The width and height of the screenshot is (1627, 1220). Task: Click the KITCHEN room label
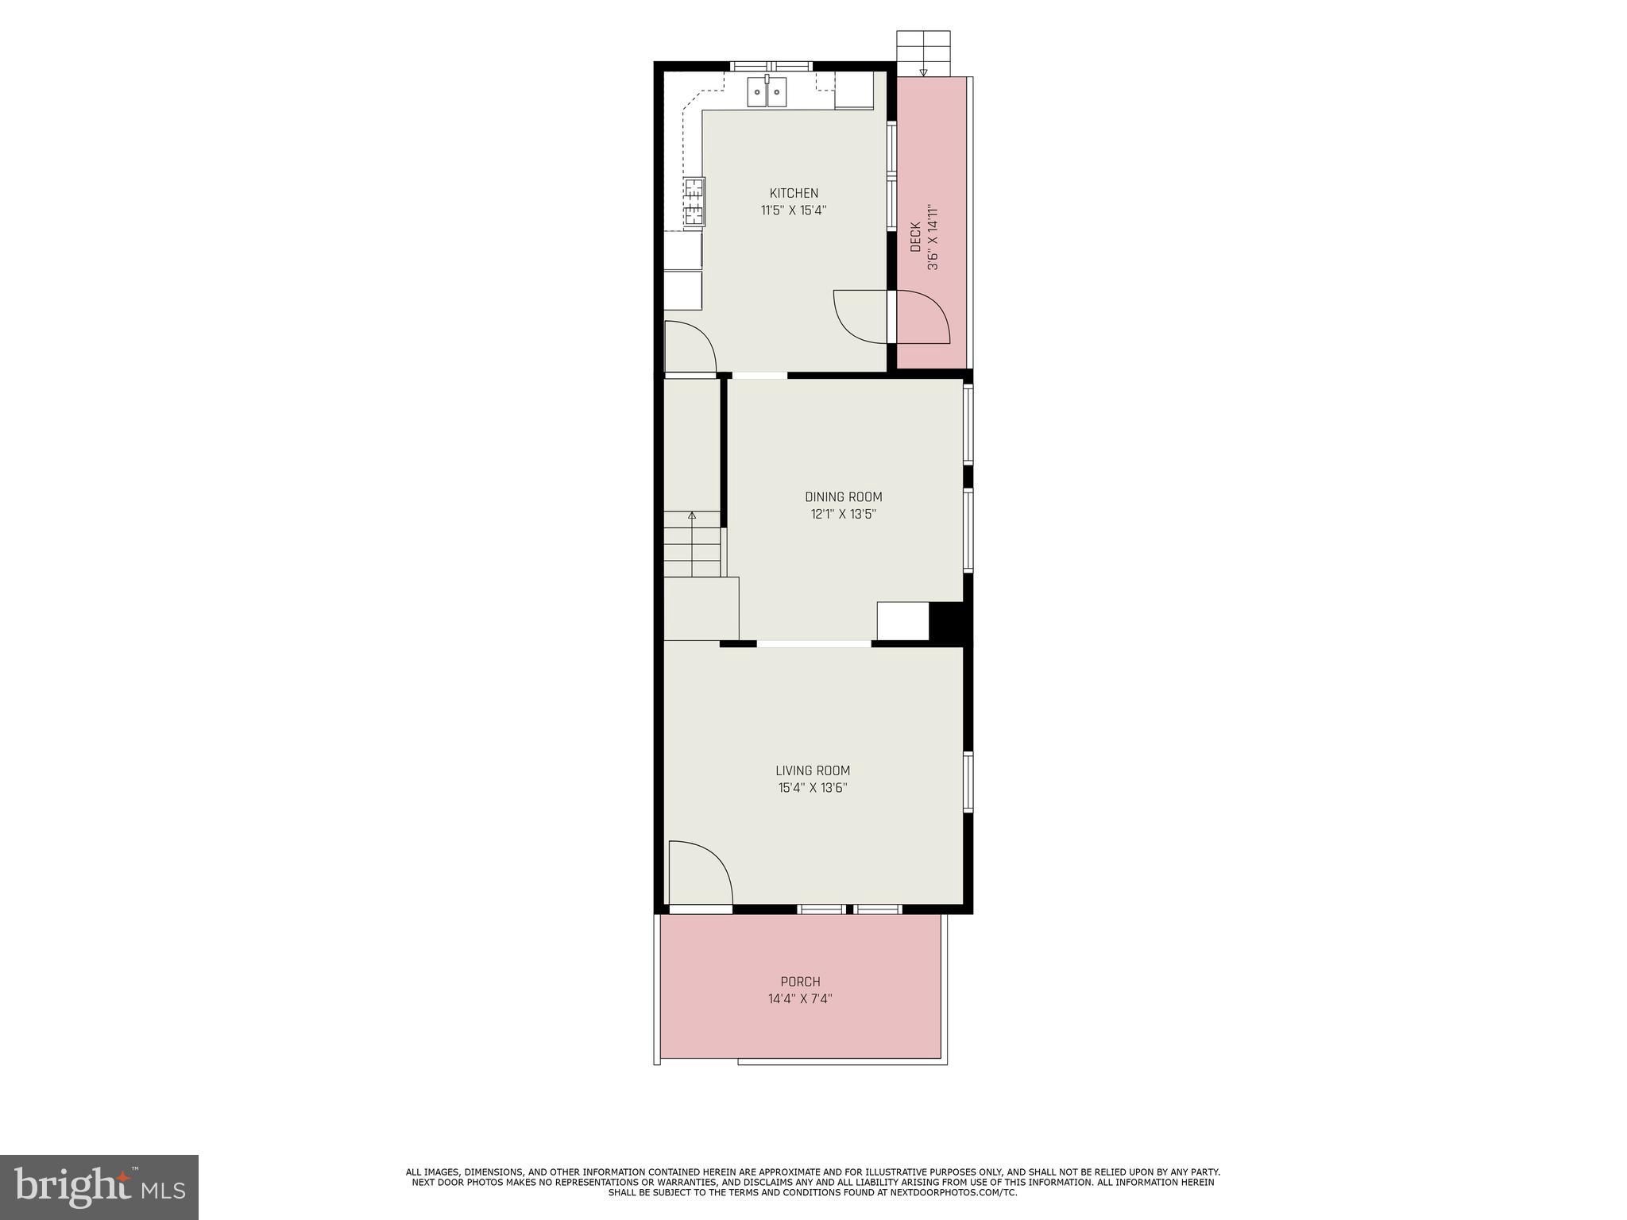click(794, 193)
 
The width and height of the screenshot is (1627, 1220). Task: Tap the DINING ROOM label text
click(843, 497)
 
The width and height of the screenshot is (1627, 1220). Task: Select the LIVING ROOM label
click(813, 770)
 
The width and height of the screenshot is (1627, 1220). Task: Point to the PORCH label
click(800, 982)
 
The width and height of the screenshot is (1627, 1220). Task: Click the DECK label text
click(915, 237)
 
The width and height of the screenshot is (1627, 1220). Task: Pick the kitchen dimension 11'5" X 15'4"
click(794, 210)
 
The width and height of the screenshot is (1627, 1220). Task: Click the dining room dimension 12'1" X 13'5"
click(843, 514)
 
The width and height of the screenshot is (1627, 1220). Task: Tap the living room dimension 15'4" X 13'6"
click(813, 788)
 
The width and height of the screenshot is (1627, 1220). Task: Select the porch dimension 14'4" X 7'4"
click(800, 998)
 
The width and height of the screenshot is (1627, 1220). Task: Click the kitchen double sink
click(767, 94)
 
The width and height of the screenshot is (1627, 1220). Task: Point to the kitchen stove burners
click(694, 202)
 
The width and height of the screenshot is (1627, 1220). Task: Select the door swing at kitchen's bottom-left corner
click(688, 347)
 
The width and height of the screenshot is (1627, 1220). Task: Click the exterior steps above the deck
click(923, 52)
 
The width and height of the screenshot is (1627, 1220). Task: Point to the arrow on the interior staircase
click(692, 516)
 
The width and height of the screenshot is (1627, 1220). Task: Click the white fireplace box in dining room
click(902, 621)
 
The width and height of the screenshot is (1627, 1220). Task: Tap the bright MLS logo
click(99, 1187)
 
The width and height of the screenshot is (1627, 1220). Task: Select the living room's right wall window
click(968, 782)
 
